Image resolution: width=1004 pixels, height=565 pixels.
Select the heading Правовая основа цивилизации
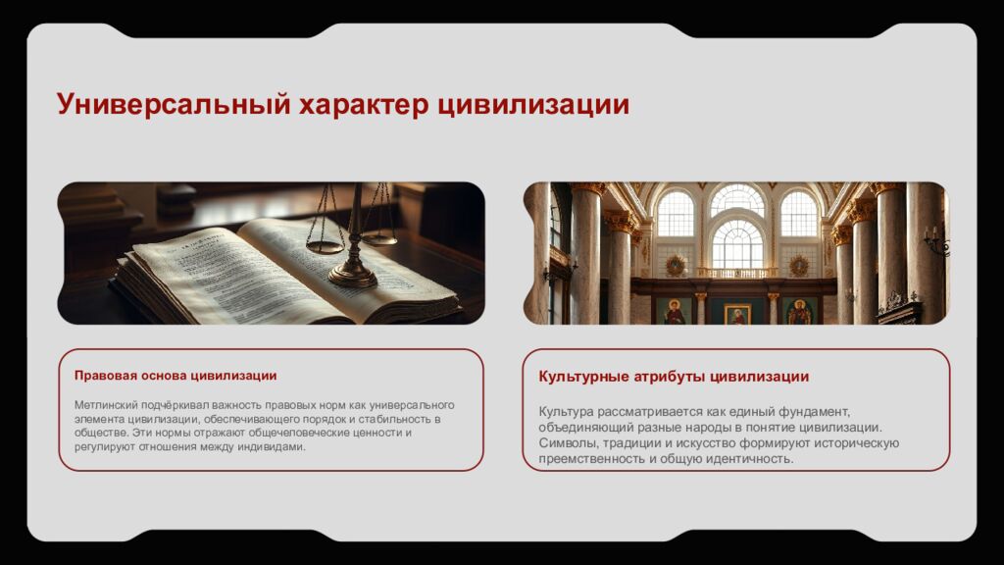coord(175,376)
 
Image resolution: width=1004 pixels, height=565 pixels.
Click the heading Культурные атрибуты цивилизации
coord(674,377)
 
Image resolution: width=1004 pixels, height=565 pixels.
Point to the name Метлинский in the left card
coord(107,405)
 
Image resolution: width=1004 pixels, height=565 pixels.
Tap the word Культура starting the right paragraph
coord(567,411)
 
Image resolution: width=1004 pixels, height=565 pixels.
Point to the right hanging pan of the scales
coord(379,238)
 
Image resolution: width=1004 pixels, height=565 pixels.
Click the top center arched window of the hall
coord(737,200)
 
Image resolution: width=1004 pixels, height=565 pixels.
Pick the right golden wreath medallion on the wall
coord(799,265)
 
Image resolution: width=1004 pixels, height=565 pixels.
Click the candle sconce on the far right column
coord(933,240)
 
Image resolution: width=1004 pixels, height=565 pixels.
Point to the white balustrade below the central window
coord(736,273)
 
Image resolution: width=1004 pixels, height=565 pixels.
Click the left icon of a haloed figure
coord(675,312)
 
